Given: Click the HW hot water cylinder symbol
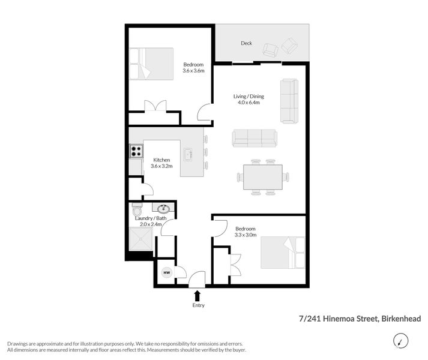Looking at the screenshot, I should [x=166, y=272].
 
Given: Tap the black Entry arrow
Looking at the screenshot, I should [x=197, y=295].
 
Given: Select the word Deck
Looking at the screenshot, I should [x=246, y=43].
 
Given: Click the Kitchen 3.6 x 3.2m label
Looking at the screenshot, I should [x=163, y=163].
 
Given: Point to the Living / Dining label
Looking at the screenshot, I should [x=249, y=99].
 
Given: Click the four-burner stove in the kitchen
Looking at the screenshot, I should [x=136, y=151].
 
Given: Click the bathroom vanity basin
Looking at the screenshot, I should [x=163, y=209].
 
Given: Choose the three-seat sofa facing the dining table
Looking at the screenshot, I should [x=255, y=138].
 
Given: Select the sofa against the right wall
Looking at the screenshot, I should [x=289, y=101].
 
